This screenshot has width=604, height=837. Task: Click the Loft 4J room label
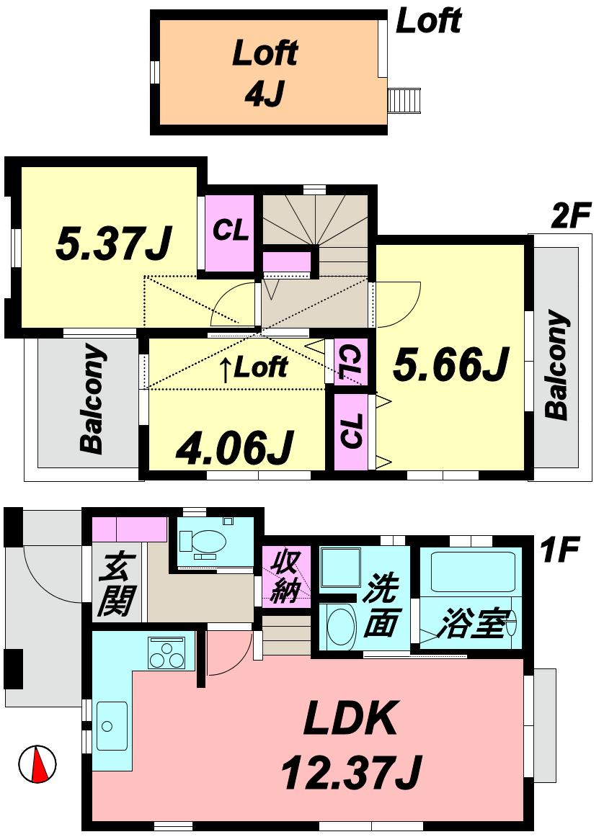coord(265,73)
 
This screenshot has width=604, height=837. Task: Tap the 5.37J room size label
coord(113,243)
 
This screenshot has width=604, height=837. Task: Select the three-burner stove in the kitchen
coord(167,653)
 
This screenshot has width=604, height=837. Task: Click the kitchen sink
coord(112,725)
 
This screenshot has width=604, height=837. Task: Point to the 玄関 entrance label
coord(116,584)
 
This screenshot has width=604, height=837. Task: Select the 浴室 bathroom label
coord(473,622)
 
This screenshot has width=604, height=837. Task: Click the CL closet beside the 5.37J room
coord(230,230)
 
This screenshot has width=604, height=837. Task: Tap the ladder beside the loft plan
coord(404,99)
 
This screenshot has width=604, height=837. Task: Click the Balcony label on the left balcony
coord(92,400)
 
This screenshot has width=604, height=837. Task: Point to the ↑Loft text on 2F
coord(253,368)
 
